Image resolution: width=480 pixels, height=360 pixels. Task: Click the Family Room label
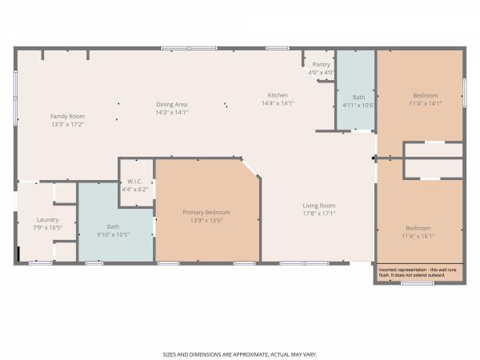(67, 116)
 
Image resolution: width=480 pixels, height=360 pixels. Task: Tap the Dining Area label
(172, 104)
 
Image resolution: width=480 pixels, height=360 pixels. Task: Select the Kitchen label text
(278, 95)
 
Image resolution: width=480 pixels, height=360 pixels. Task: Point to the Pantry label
(321, 65)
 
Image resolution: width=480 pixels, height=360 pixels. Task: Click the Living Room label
(319, 206)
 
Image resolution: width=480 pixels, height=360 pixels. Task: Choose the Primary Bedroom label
(206, 212)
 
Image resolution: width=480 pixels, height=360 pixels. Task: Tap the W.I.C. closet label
(134, 182)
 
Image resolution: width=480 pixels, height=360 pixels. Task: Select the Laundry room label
(48, 220)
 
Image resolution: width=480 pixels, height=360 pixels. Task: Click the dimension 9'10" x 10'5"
(114, 234)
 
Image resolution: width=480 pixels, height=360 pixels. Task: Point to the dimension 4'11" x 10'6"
(358, 106)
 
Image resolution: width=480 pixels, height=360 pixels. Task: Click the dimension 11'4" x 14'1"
(426, 103)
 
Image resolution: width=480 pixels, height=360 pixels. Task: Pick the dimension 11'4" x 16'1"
(418, 236)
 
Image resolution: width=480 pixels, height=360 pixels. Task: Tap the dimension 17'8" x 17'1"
(319, 214)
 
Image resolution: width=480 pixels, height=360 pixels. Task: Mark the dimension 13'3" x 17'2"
(67, 124)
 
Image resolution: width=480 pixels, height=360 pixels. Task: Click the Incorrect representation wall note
(418, 273)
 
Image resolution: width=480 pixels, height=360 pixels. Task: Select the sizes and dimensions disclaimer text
(240, 354)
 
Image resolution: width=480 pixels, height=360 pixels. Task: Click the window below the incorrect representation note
(418, 283)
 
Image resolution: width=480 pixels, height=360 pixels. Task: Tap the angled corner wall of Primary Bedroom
(250, 168)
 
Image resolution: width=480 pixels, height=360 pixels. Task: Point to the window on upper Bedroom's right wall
(465, 93)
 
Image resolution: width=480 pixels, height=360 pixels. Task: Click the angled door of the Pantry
(310, 74)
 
